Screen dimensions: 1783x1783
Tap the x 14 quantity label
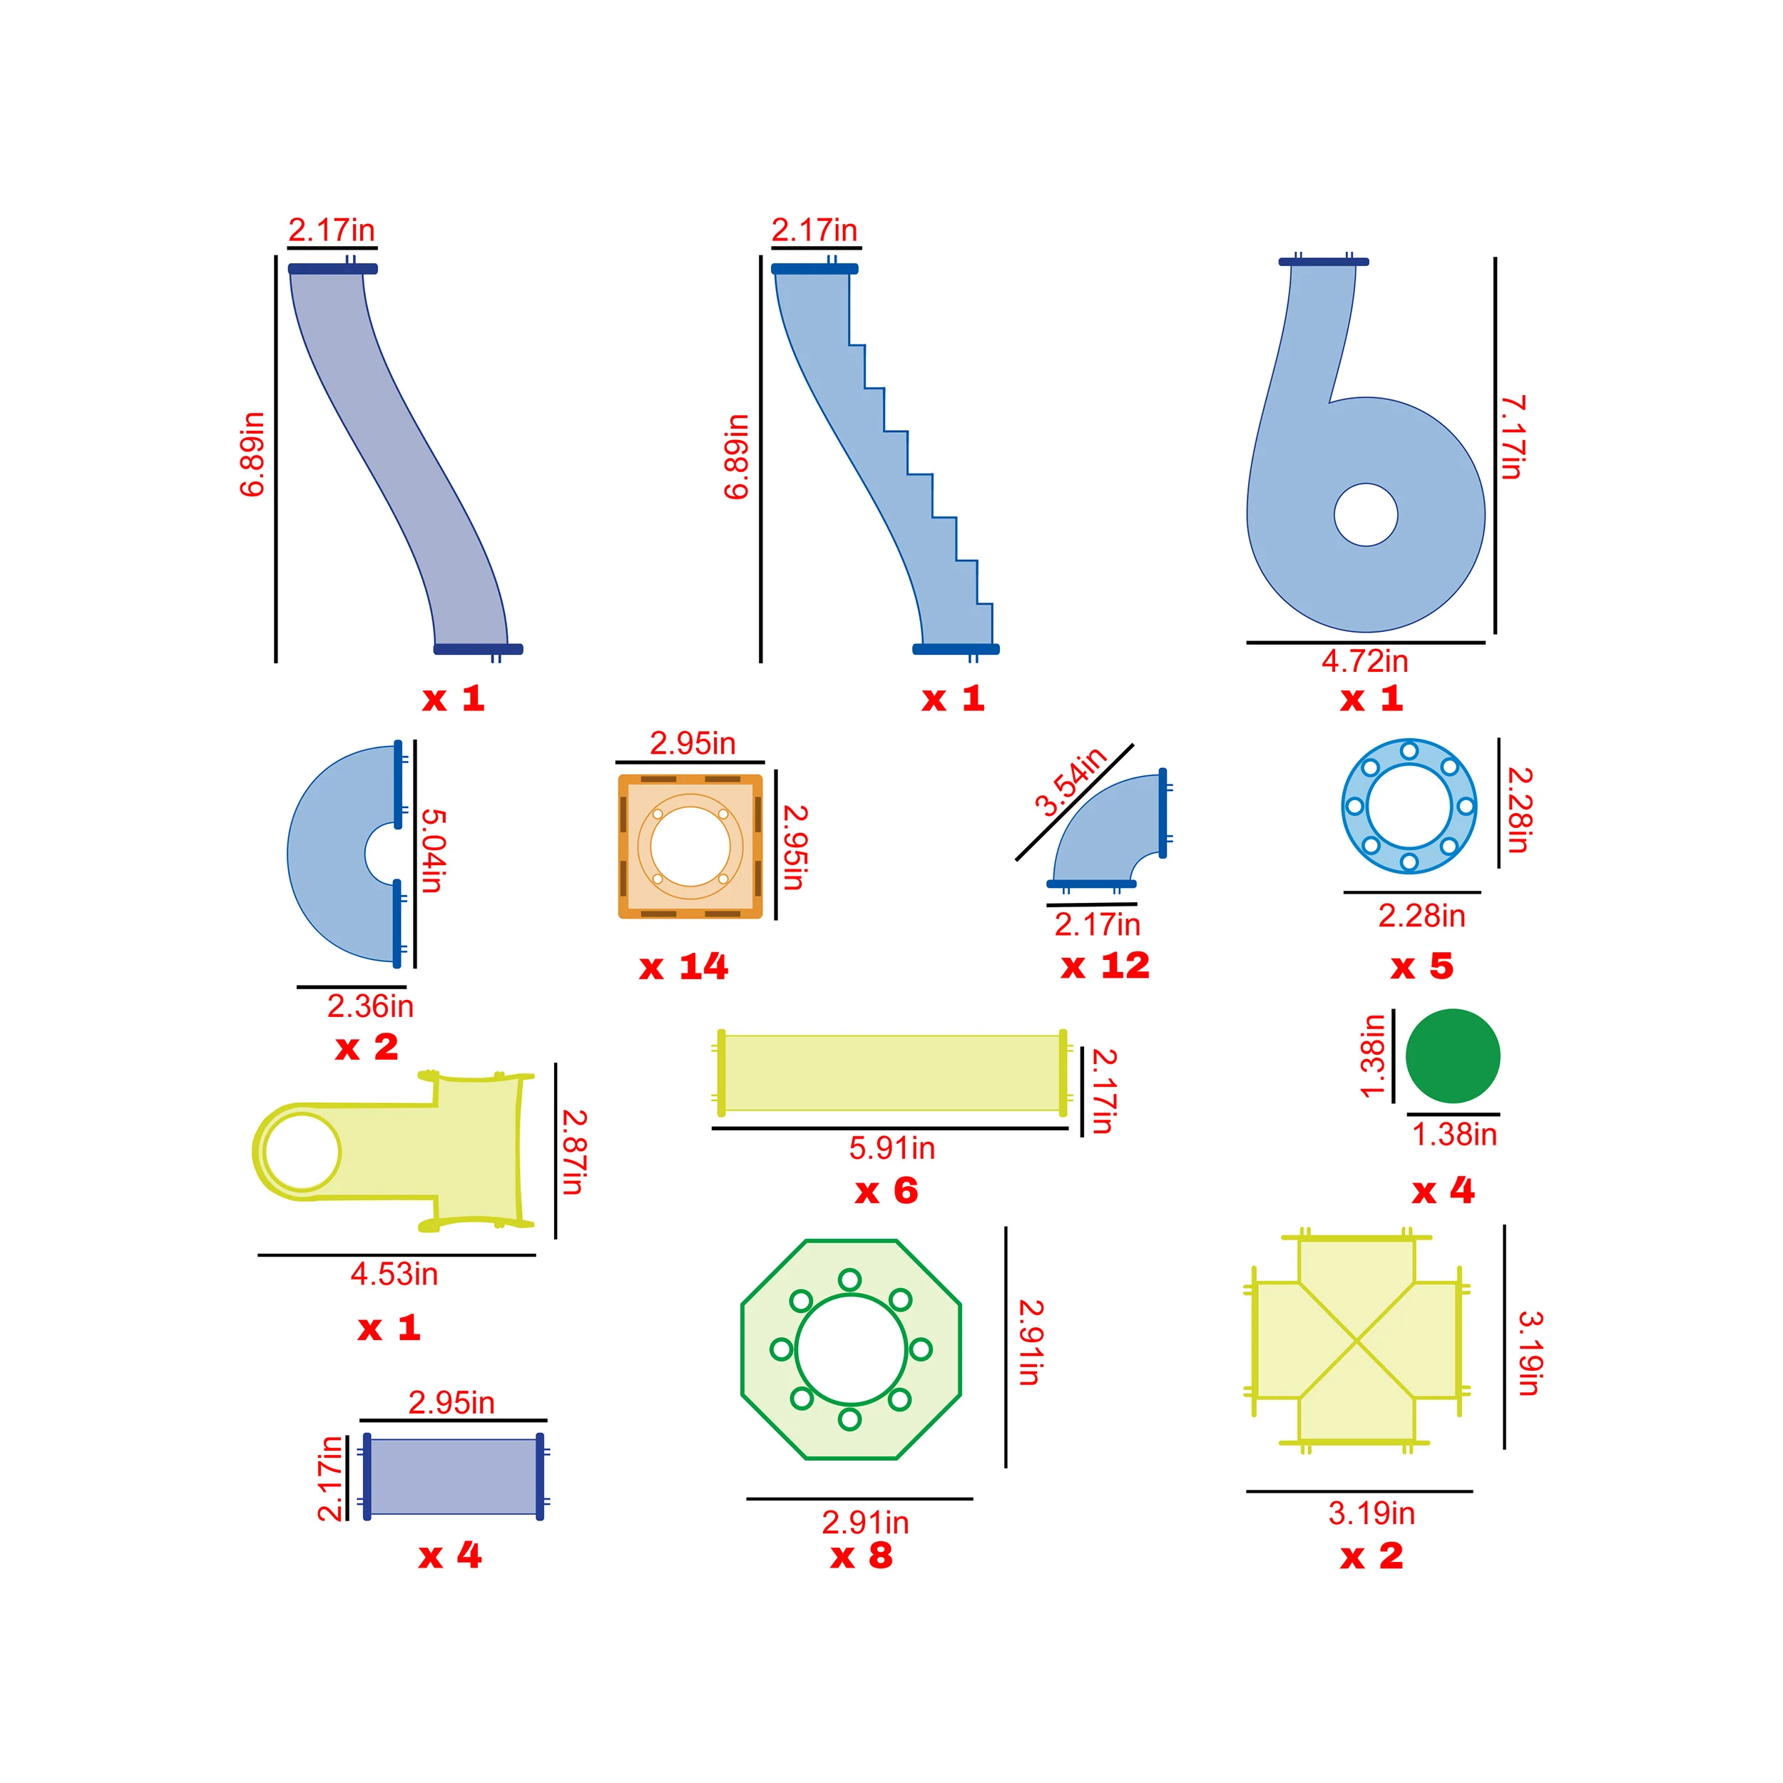(684, 967)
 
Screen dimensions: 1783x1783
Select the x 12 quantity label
(1105, 966)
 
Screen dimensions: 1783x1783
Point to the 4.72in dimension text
(1364, 661)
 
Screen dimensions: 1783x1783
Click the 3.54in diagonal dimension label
(1070, 782)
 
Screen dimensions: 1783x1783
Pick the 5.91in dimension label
(891, 1148)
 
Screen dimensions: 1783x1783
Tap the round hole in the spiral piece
(1365, 515)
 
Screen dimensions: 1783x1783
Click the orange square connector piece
(690, 847)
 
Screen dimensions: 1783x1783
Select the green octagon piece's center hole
(850, 1349)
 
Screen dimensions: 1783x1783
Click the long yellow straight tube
(891, 1073)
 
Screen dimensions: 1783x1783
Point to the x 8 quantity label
(861, 1556)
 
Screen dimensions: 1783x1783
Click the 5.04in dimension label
(433, 850)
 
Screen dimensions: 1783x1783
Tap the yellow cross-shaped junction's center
(1356, 1339)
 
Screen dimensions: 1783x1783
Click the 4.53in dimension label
(394, 1274)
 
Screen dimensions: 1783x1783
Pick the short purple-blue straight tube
(453, 1476)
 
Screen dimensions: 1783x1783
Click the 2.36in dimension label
(370, 1006)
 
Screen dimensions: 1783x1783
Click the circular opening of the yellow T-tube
(302, 1152)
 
